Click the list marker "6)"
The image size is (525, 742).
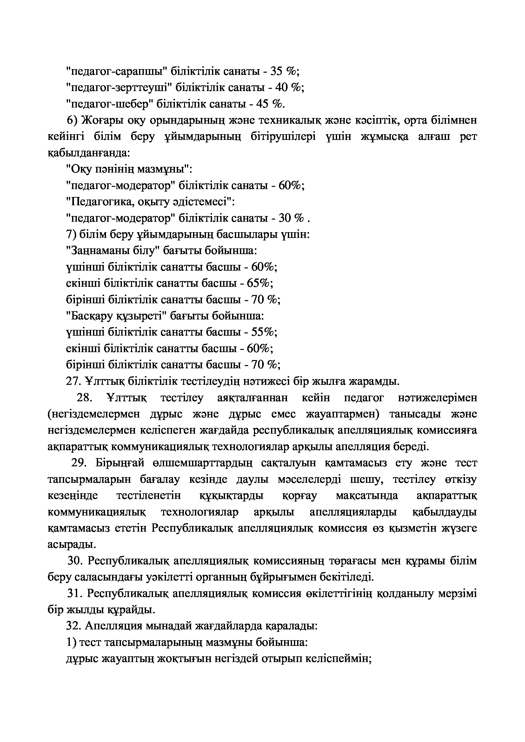pos(71,120)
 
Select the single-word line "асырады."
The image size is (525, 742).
pos(72,545)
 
